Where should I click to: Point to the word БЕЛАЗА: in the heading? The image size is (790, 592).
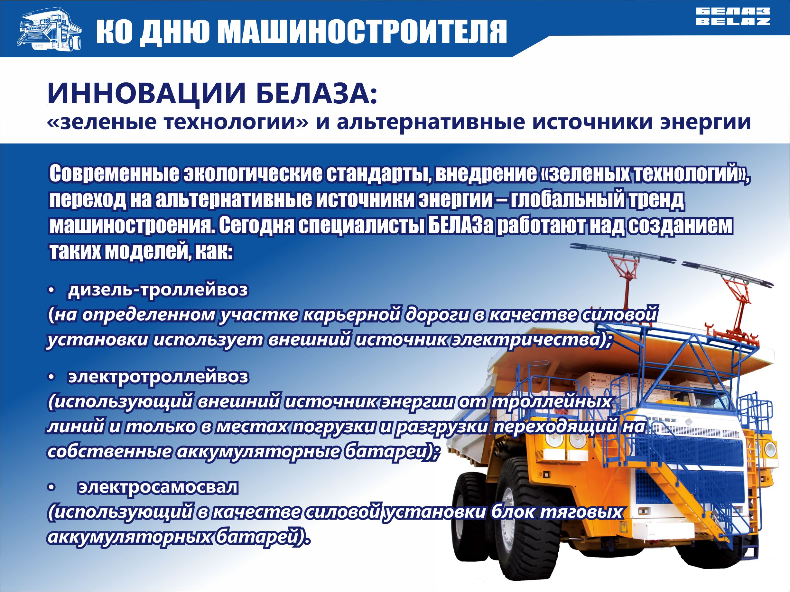(x=316, y=94)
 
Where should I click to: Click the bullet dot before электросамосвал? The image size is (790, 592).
(x=52, y=488)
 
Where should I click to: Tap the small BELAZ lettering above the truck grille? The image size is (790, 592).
(x=661, y=420)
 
